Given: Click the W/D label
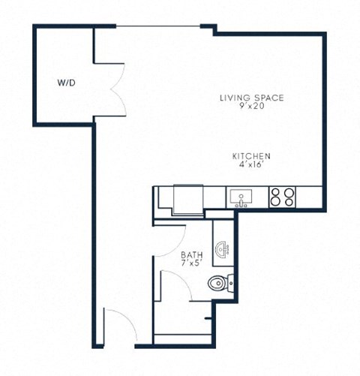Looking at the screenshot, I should pyautogui.click(x=65, y=83).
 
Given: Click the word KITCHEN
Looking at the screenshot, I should pyautogui.click(x=250, y=156).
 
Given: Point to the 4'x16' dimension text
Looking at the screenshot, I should pyautogui.click(x=250, y=164).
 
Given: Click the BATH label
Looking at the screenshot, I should pyautogui.click(x=191, y=255).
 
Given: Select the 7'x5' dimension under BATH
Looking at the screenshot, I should pyautogui.click(x=191, y=263).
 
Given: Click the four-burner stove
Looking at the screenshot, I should pyautogui.click(x=283, y=197).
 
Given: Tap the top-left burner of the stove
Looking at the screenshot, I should pyautogui.click(x=277, y=191).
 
